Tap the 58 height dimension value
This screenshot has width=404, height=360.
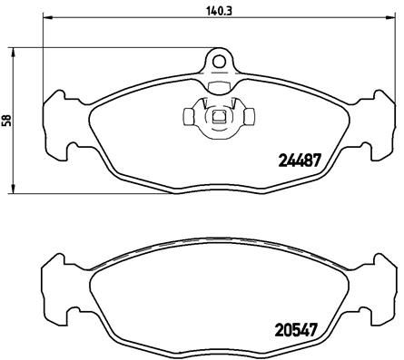(x=7, y=119)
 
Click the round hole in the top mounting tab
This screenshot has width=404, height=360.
(x=218, y=62)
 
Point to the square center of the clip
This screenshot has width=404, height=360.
(x=218, y=116)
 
